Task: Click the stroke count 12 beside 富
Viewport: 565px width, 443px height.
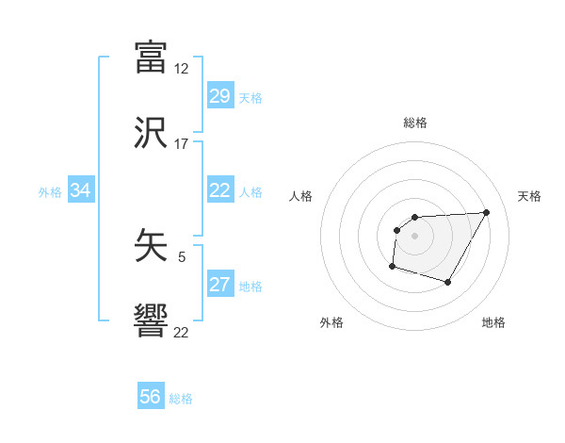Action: tap(182, 69)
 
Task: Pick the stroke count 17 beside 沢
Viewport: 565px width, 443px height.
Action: tap(182, 144)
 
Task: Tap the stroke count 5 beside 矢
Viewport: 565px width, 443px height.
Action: tap(182, 255)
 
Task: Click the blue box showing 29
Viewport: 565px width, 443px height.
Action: tap(219, 96)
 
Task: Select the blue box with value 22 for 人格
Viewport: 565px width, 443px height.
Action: tap(219, 190)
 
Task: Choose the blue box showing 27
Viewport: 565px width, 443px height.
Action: tap(219, 285)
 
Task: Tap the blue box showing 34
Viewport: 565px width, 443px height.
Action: tap(81, 190)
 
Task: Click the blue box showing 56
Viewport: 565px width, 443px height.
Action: tap(151, 397)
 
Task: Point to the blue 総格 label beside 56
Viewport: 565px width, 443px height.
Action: tap(181, 399)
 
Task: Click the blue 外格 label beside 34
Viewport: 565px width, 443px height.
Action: tap(50, 192)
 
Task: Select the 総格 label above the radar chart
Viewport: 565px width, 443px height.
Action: tap(414, 123)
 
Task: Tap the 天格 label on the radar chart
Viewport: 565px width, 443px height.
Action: tap(530, 196)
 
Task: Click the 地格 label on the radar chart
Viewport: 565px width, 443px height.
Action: tap(493, 322)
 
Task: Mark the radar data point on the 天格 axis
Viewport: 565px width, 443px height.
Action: tap(486, 212)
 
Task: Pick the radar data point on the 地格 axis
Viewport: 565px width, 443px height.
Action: tap(448, 282)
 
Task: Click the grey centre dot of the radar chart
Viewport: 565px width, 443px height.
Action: tap(414, 236)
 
